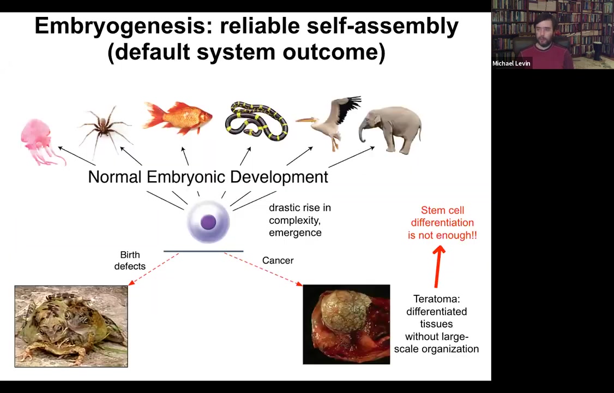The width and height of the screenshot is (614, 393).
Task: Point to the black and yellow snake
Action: (x=256, y=121)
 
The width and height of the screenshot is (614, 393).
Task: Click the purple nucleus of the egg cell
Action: (x=208, y=222)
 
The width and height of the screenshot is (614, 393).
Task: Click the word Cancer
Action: (x=278, y=260)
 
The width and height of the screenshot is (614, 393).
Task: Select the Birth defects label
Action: (x=130, y=260)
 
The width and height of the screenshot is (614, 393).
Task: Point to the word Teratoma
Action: (x=436, y=299)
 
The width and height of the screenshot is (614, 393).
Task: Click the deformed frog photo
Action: (x=71, y=326)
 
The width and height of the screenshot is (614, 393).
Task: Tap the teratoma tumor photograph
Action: (x=346, y=324)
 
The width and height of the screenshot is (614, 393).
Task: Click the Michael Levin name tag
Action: (x=511, y=63)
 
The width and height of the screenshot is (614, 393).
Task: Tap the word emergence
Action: (x=295, y=233)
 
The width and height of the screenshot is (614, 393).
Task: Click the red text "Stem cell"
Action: (x=442, y=210)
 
